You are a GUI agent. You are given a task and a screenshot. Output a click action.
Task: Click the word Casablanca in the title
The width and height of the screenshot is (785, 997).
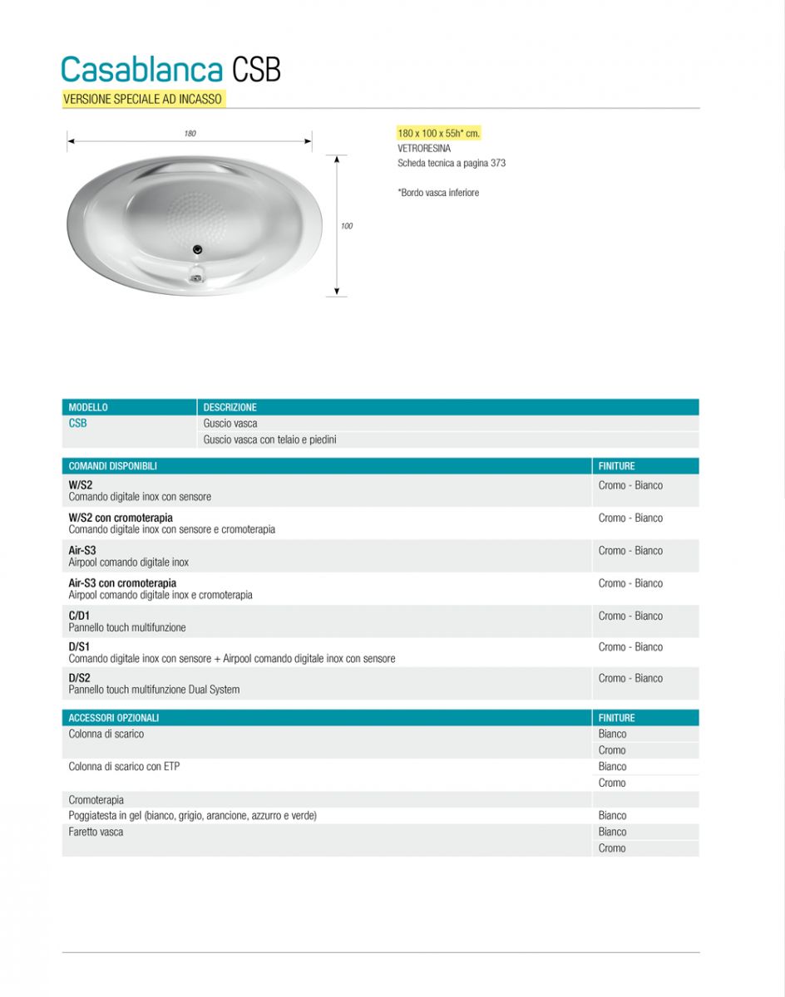[x=141, y=69]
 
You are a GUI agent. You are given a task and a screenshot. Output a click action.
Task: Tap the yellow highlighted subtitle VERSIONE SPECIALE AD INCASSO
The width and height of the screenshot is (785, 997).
[x=143, y=99]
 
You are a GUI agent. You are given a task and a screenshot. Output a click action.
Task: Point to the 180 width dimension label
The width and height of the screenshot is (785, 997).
[x=190, y=134]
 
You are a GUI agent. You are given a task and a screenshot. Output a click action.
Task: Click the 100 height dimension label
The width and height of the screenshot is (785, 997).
[x=347, y=226]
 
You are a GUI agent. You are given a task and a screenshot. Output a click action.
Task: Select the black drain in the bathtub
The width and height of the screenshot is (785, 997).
[x=197, y=248]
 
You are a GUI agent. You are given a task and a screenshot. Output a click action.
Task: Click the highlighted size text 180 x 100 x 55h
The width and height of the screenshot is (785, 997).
[x=438, y=133]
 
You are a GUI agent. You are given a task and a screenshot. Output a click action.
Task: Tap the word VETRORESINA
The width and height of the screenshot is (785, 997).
[x=424, y=148]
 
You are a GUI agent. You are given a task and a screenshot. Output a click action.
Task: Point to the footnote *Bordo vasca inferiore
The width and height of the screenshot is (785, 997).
[x=438, y=193]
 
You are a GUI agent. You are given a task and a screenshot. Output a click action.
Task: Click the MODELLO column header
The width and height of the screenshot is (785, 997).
[x=88, y=407]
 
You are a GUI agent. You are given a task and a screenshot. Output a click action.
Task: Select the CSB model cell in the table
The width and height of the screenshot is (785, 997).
[x=77, y=423]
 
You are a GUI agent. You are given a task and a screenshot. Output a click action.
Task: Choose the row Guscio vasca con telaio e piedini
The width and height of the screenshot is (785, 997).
[x=269, y=440]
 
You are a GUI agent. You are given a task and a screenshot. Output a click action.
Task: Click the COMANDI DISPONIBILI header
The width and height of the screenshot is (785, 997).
[x=112, y=466]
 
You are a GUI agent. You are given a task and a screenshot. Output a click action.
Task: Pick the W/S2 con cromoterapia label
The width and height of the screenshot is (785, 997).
[x=121, y=518]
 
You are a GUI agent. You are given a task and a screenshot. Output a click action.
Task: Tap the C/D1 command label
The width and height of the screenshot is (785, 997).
[x=79, y=616]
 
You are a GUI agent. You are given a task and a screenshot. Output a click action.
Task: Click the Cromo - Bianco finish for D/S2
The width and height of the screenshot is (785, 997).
[x=630, y=678]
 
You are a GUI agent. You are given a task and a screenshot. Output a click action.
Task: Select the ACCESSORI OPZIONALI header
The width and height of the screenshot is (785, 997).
[x=113, y=718]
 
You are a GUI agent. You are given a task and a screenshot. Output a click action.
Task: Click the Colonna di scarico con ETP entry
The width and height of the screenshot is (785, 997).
[x=124, y=766]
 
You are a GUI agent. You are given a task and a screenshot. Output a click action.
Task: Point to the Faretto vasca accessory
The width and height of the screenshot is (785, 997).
[x=96, y=832]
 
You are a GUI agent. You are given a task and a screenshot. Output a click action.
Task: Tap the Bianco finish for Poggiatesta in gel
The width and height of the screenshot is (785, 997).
[x=612, y=816]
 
